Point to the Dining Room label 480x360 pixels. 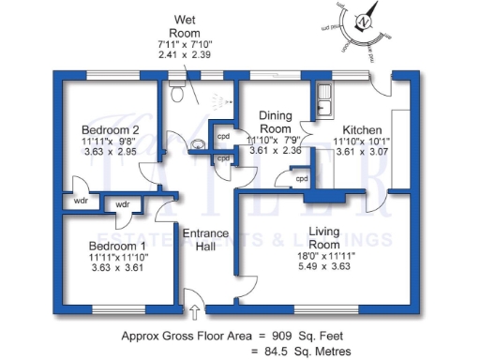point(277,121)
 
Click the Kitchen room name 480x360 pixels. point(361,129)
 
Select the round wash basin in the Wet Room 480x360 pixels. point(201,144)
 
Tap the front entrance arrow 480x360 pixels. point(195,311)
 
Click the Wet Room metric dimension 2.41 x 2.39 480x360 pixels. point(185,56)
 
